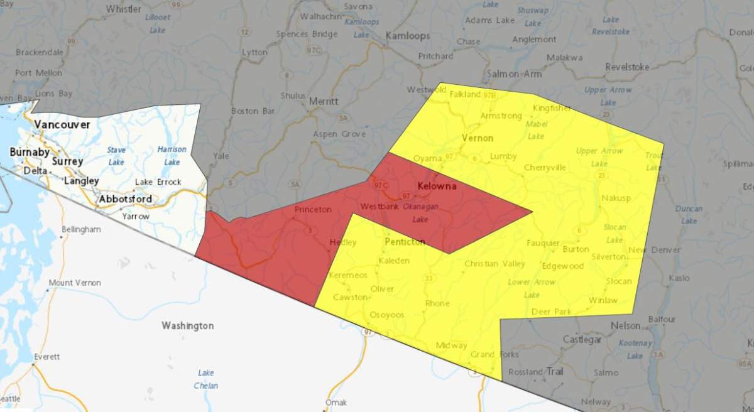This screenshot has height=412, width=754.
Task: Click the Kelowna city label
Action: pos(437,187)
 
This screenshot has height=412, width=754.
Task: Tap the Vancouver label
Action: pos(62,124)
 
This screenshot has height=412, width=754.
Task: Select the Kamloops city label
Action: pos(408,36)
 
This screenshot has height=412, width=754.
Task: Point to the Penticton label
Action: pos(405,242)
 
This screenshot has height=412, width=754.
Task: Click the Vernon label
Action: pos(478,138)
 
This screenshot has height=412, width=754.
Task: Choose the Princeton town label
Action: pos(313,210)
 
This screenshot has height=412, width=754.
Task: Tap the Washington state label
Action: pos(187,326)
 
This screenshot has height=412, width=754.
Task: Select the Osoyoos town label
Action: pos(386,315)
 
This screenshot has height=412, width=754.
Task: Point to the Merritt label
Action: pos(324,101)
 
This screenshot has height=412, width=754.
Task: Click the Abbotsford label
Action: pos(125,199)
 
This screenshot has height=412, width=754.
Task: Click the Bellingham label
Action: pos(81,229)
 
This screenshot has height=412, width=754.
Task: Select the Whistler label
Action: pos(124,9)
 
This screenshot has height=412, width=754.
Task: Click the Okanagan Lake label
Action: pos(419,213)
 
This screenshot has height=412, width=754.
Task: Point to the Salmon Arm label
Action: pos(514,74)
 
